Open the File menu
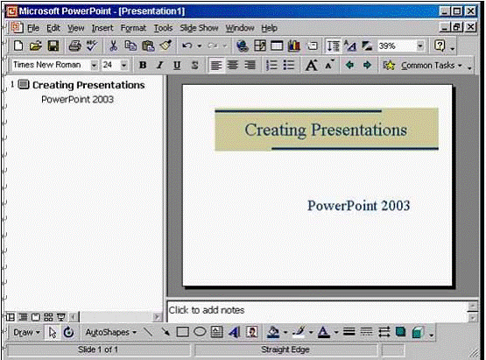(x=33, y=28)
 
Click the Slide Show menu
(x=199, y=28)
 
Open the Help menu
(x=269, y=28)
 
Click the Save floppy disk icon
(x=53, y=46)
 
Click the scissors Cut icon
(x=113, y=46)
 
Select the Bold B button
(x=143, y=65)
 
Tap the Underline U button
(x=177, y=65)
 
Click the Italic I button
(x=160, y=65)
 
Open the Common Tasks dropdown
(x=427, y=66)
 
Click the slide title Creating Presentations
(x=326, y=130)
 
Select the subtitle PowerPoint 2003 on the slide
(x=359, y=206)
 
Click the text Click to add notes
(x=207, y=310)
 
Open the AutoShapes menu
(x=110, y=332)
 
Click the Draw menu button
(x=26, y=332)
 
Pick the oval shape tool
(x=200, y=332)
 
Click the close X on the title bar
(x=471, y=11)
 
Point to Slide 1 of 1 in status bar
(x=98, y=349)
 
